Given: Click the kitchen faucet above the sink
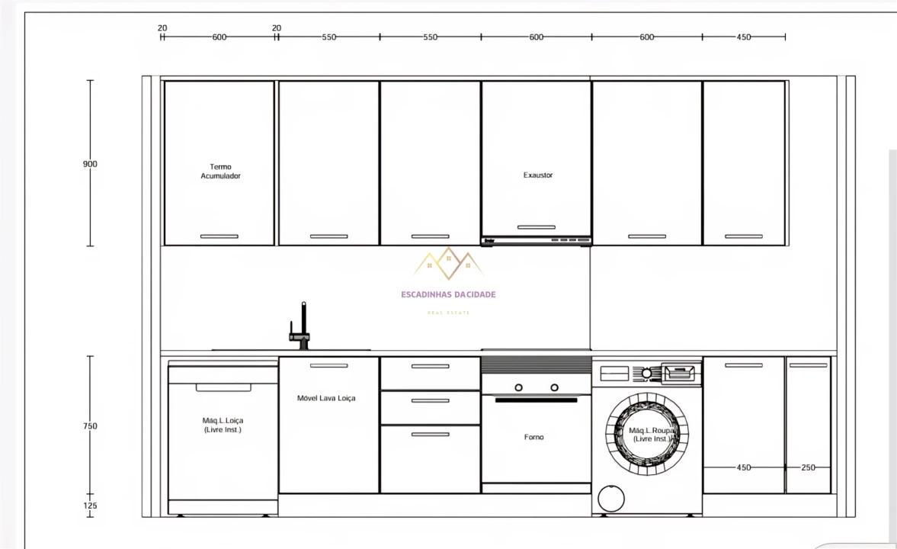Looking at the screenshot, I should pos(303,328).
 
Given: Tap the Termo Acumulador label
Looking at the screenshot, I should pos(220,172).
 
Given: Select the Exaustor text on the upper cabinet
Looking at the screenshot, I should pos(537,175).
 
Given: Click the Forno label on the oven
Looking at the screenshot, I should pos(534,438).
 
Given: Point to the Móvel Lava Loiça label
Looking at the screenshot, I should pos(326,398).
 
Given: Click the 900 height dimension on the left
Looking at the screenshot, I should pos(90,164).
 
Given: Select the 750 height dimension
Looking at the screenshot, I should pos(90,426).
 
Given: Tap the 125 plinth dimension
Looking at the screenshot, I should pos(90,506).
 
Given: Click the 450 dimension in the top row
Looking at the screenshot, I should pos(743,37).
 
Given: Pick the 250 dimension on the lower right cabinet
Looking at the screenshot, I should pos(808,467).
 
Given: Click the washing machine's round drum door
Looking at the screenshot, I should pos(646,434).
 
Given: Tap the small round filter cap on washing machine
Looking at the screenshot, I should pos(610,499).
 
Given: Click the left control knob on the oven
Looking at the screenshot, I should pos(518,387).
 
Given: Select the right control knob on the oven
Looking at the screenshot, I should pos(555,387).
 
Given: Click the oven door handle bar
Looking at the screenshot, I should pos(536,400).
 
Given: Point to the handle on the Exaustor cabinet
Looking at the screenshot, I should pos(536,227).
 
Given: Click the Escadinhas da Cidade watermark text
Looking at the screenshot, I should pos(448,294).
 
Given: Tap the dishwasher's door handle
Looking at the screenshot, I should pos(223,387).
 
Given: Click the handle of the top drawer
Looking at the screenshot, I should pos(430,366).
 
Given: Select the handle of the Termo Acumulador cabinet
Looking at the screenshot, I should pos(219,236).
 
